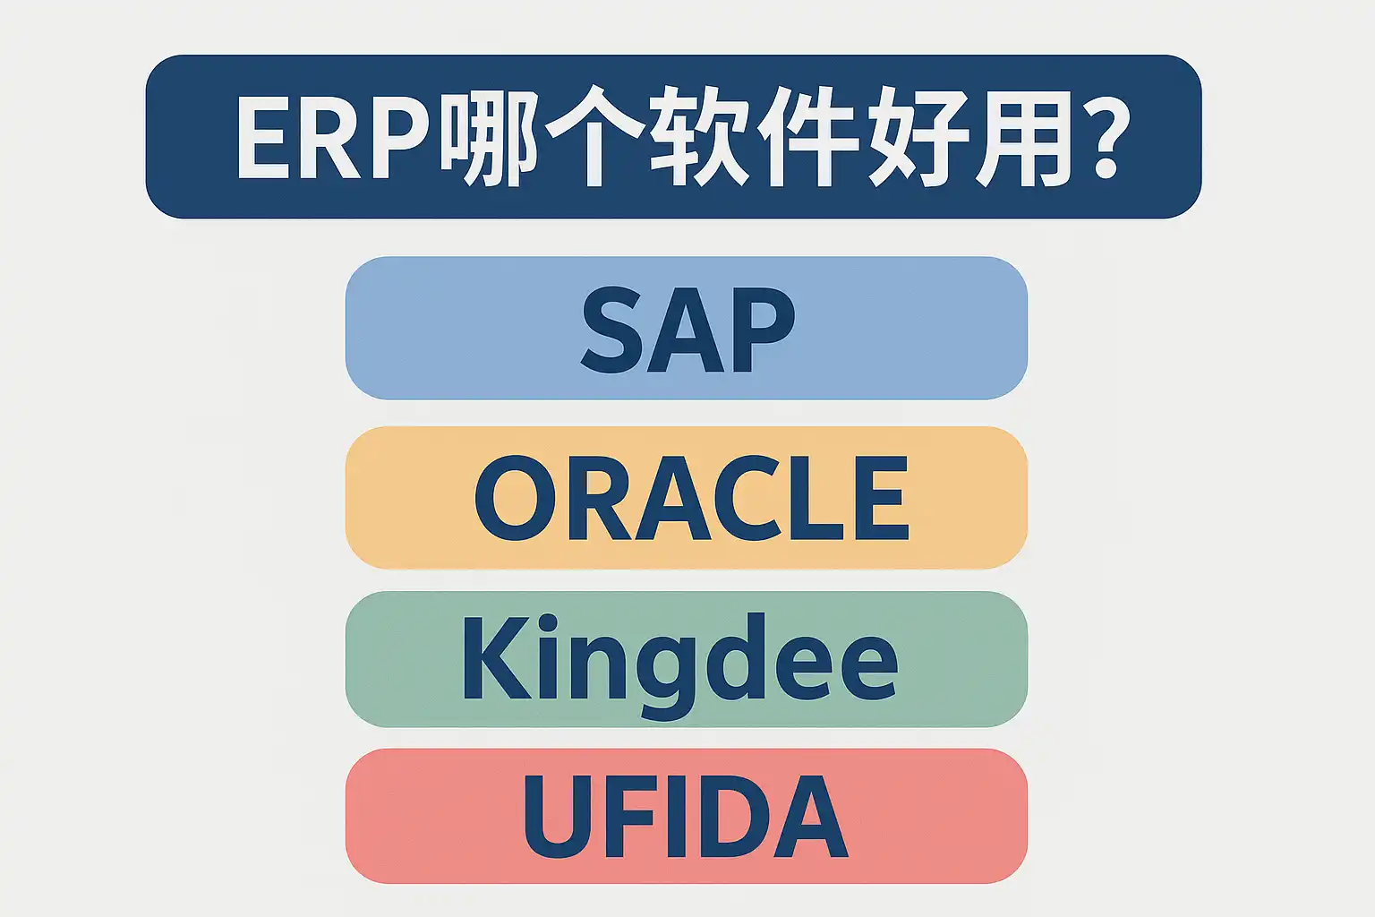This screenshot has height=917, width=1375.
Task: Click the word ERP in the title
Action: pyautogui.click(x=332, y=138)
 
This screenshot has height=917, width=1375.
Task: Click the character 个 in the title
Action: pyautogui.click(x=594, y=136)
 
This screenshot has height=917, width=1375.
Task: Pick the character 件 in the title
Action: pyautogui.click(x=807, y=136)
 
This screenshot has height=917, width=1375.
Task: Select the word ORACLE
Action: pyautogui.click(x=691, y=498)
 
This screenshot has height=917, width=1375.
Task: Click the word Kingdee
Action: pyautogui.click(x=680, y=664)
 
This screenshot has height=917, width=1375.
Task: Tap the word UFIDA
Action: pyautogui.click(x=686, y=816)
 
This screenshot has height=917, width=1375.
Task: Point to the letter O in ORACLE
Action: pyautogui.click(x=516, y=498)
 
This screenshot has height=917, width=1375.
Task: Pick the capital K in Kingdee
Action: pyautogui.click(x=497, y=656)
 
